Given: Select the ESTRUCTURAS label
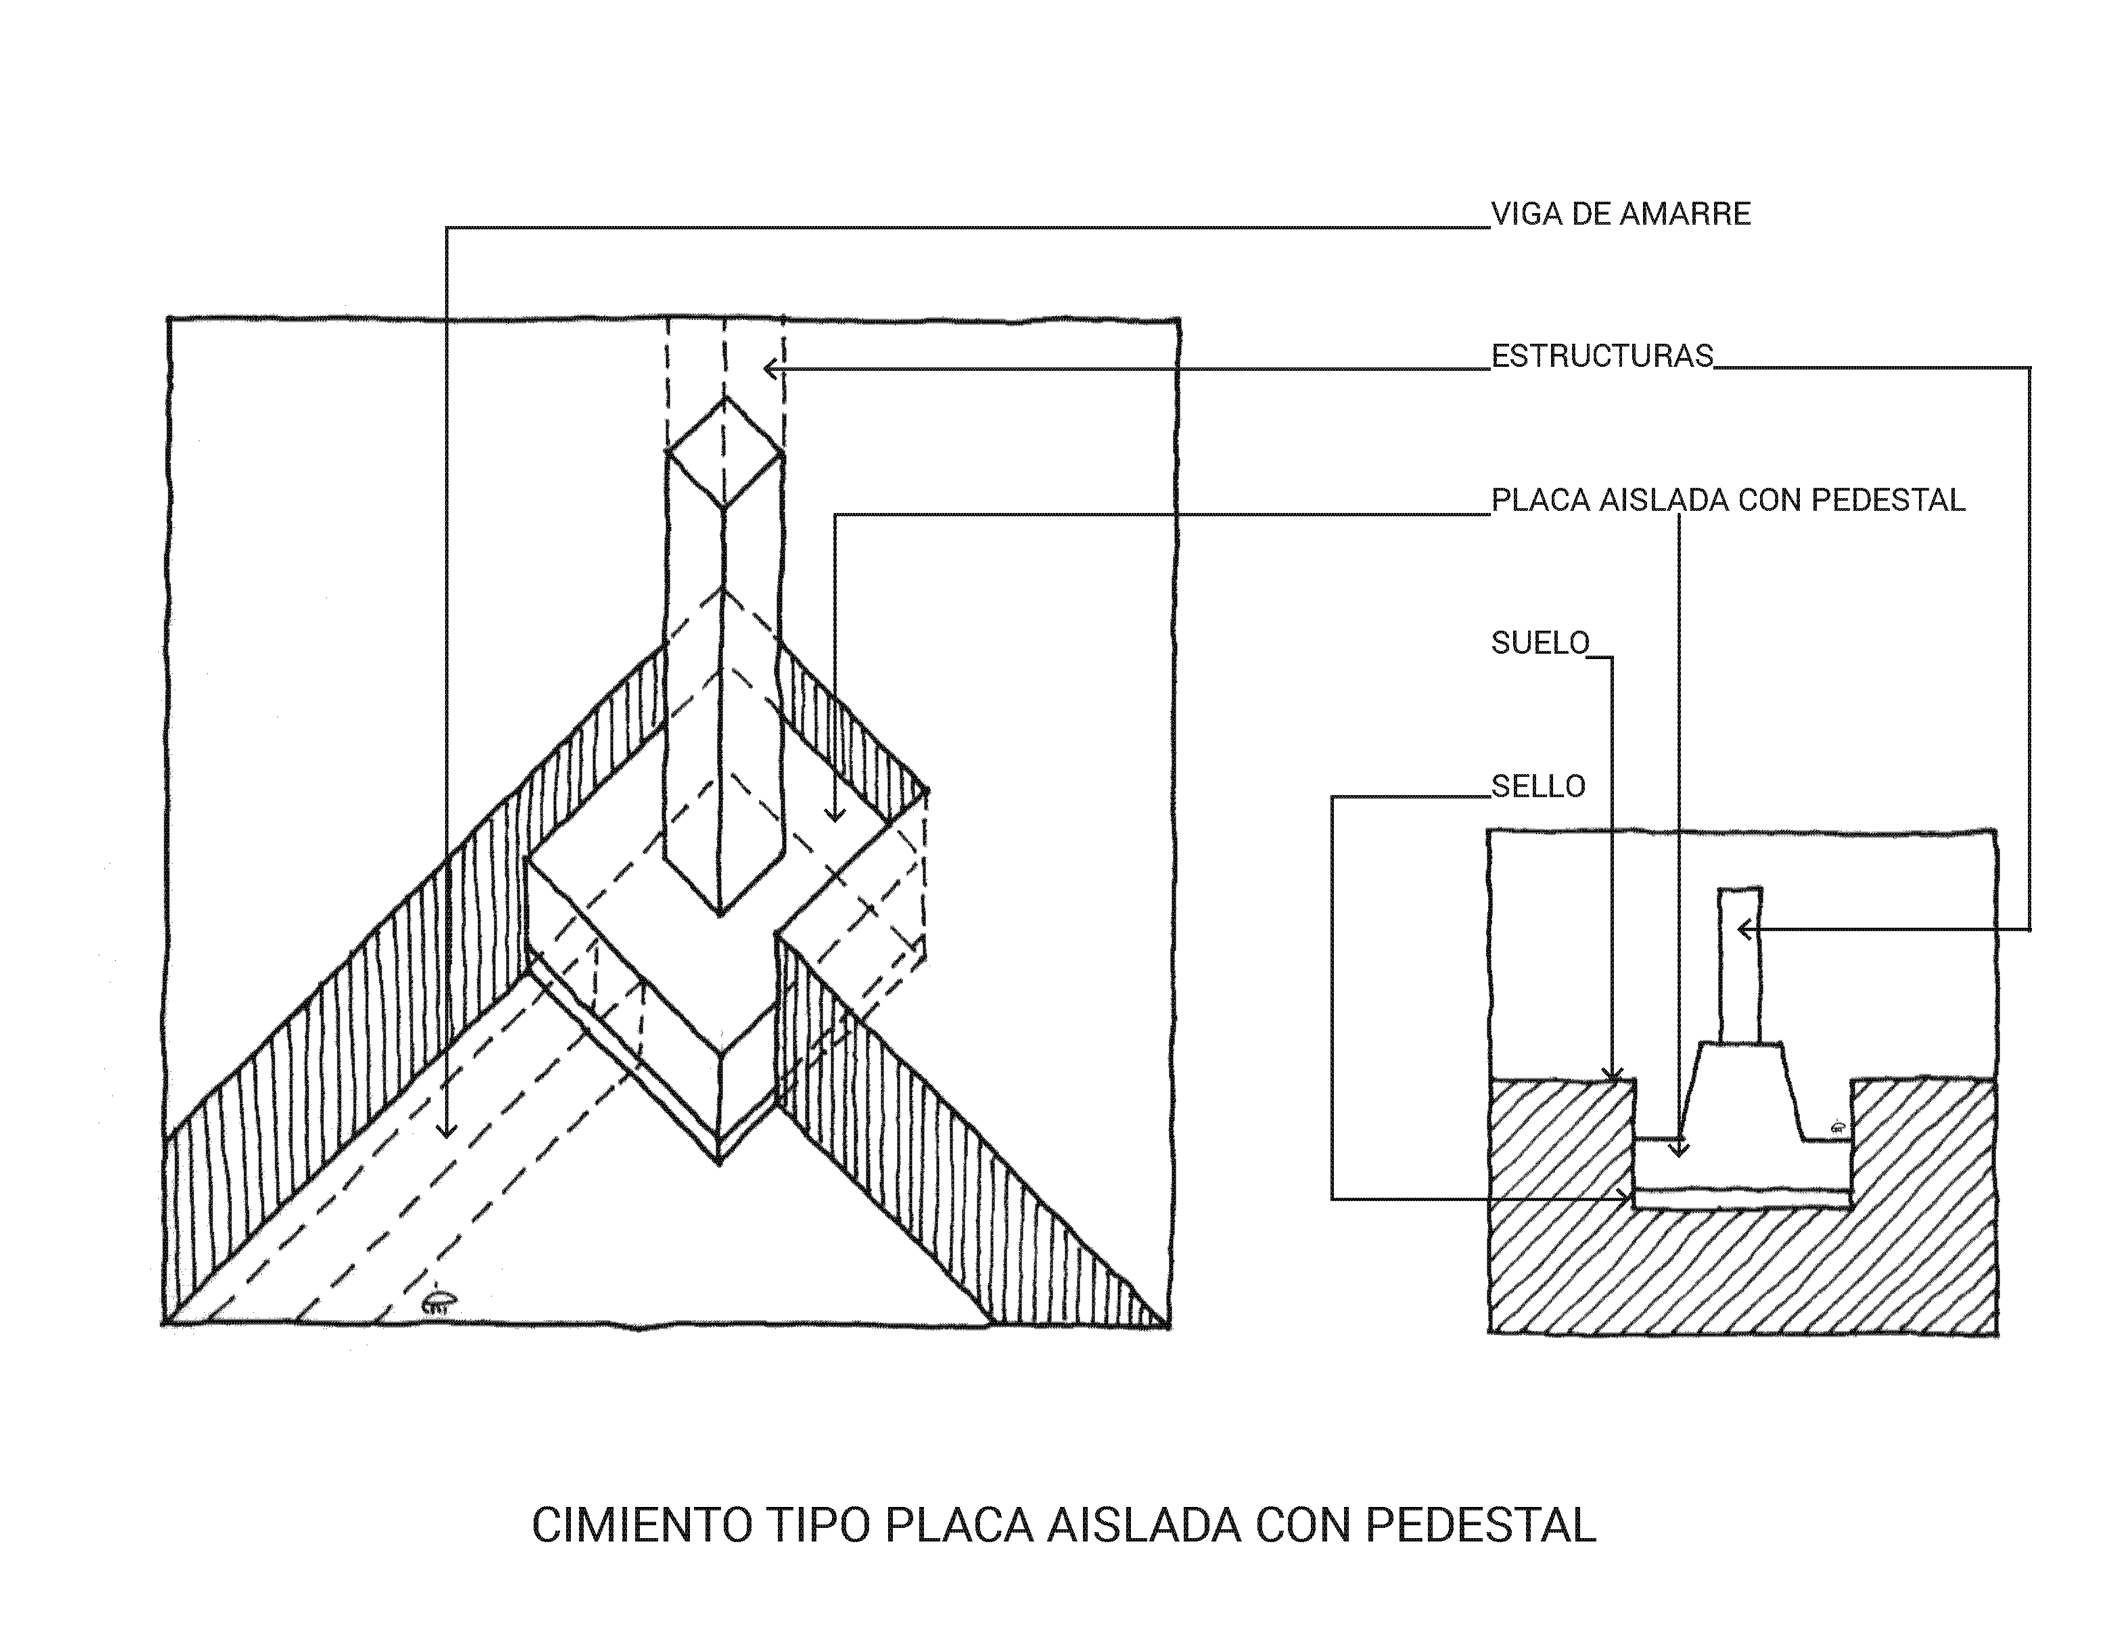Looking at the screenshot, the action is click(x=1602, y=357).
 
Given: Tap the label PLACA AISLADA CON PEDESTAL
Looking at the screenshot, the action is click(x=1728, y=501).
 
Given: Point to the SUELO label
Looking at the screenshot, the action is click(x=1540, y=644).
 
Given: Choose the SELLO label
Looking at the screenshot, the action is click(x=1537, y=786).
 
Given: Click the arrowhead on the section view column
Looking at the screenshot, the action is click(x=1743, y=930).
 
